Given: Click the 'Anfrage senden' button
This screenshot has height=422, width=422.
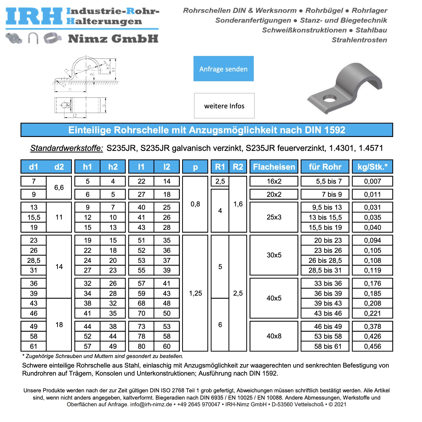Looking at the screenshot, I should pyautogui.click(x=223, y=69).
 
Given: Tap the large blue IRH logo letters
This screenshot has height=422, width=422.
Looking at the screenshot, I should pyautogui.click(x=34, y=16).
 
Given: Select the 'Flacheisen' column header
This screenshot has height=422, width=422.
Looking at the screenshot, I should pyautogui.click(x=274, y=167).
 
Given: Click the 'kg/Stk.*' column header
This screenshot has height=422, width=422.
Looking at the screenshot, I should pyautogui.click(x=372, y=167).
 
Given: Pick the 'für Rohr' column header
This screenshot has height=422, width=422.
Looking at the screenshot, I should pyautogui.click(x=325, y=167).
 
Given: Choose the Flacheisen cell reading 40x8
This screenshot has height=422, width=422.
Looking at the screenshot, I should pyautogui.click(x=274, y=336).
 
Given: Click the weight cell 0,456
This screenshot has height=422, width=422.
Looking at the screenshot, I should pyautogui.click(x=372, y=346).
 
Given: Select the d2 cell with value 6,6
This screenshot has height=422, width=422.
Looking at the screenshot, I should pyautogui.click(x=59, y=188).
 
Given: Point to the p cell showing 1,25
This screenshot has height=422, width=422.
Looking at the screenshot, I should pyautogui.click(x=195, y=293).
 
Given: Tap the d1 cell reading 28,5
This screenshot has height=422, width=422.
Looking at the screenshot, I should pyautogui.click(x=34, y=261).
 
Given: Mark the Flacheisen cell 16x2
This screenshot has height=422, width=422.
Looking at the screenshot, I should pyautogui.click(x=274, y=181).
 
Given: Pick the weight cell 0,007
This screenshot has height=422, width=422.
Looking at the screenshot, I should pyautogui.click(x=372, y=181).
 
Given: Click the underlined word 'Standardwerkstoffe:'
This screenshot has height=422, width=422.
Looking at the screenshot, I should pyautogui.click(x=67, y=148).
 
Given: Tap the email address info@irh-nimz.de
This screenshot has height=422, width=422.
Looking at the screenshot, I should pyautogui.click(x=151, y=404).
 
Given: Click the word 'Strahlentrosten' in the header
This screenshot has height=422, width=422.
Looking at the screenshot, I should pyautogui.click(x=359, y=40).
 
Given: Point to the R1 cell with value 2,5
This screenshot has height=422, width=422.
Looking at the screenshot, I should pyautogui.click(x=220, y=181).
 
